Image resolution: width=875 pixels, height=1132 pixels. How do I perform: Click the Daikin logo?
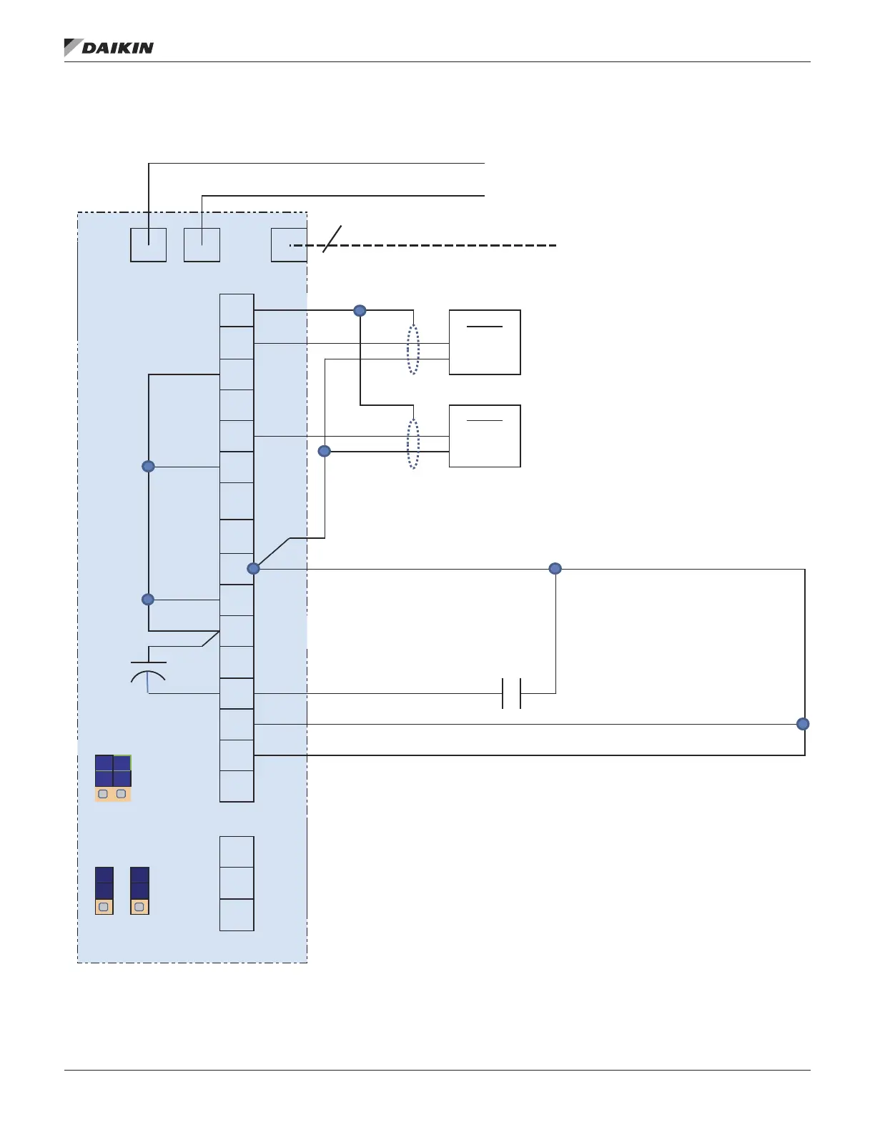(x=109, y=48)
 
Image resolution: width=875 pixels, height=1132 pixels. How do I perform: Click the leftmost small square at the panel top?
(x=149, y=245)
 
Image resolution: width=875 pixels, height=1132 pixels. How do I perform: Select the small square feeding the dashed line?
(x=289, y=245)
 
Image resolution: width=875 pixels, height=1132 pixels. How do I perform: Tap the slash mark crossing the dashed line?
(x=332, y=239)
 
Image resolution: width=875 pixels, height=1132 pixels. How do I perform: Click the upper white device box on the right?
(x=485, y=342)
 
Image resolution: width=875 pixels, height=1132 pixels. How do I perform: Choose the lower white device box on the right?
(x=485, y=436)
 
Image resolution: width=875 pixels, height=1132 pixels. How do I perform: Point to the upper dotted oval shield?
(x=413, y=350)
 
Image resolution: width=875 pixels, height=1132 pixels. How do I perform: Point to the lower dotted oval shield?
(x=413, y=444)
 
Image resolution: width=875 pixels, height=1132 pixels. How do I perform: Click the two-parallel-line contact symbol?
(x=511, y=693)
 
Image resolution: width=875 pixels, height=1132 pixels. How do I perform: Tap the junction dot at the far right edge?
(x=803, y=724)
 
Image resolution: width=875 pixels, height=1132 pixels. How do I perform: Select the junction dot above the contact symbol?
(x=555, y=569)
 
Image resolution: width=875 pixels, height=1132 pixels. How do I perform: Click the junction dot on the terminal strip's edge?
(x=253, y=569)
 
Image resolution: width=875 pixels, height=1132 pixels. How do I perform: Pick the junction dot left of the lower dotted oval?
(x=325, y=451)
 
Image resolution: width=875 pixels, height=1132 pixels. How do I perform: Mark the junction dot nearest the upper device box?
(x=360, y=311)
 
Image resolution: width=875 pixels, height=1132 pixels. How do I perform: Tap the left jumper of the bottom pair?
(x=104, y=890)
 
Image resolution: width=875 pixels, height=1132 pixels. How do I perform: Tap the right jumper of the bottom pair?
(x=139, y=890)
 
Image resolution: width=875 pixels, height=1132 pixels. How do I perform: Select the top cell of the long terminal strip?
(x=237, y=310)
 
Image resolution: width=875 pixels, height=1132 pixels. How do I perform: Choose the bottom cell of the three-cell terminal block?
(x=237, y=915)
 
